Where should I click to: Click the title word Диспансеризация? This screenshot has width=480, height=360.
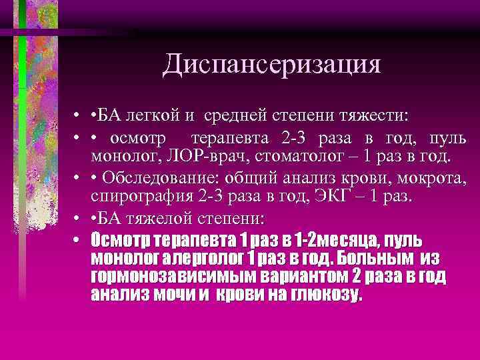coord(271,64)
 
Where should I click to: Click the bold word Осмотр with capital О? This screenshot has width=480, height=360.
coord(121,240)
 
